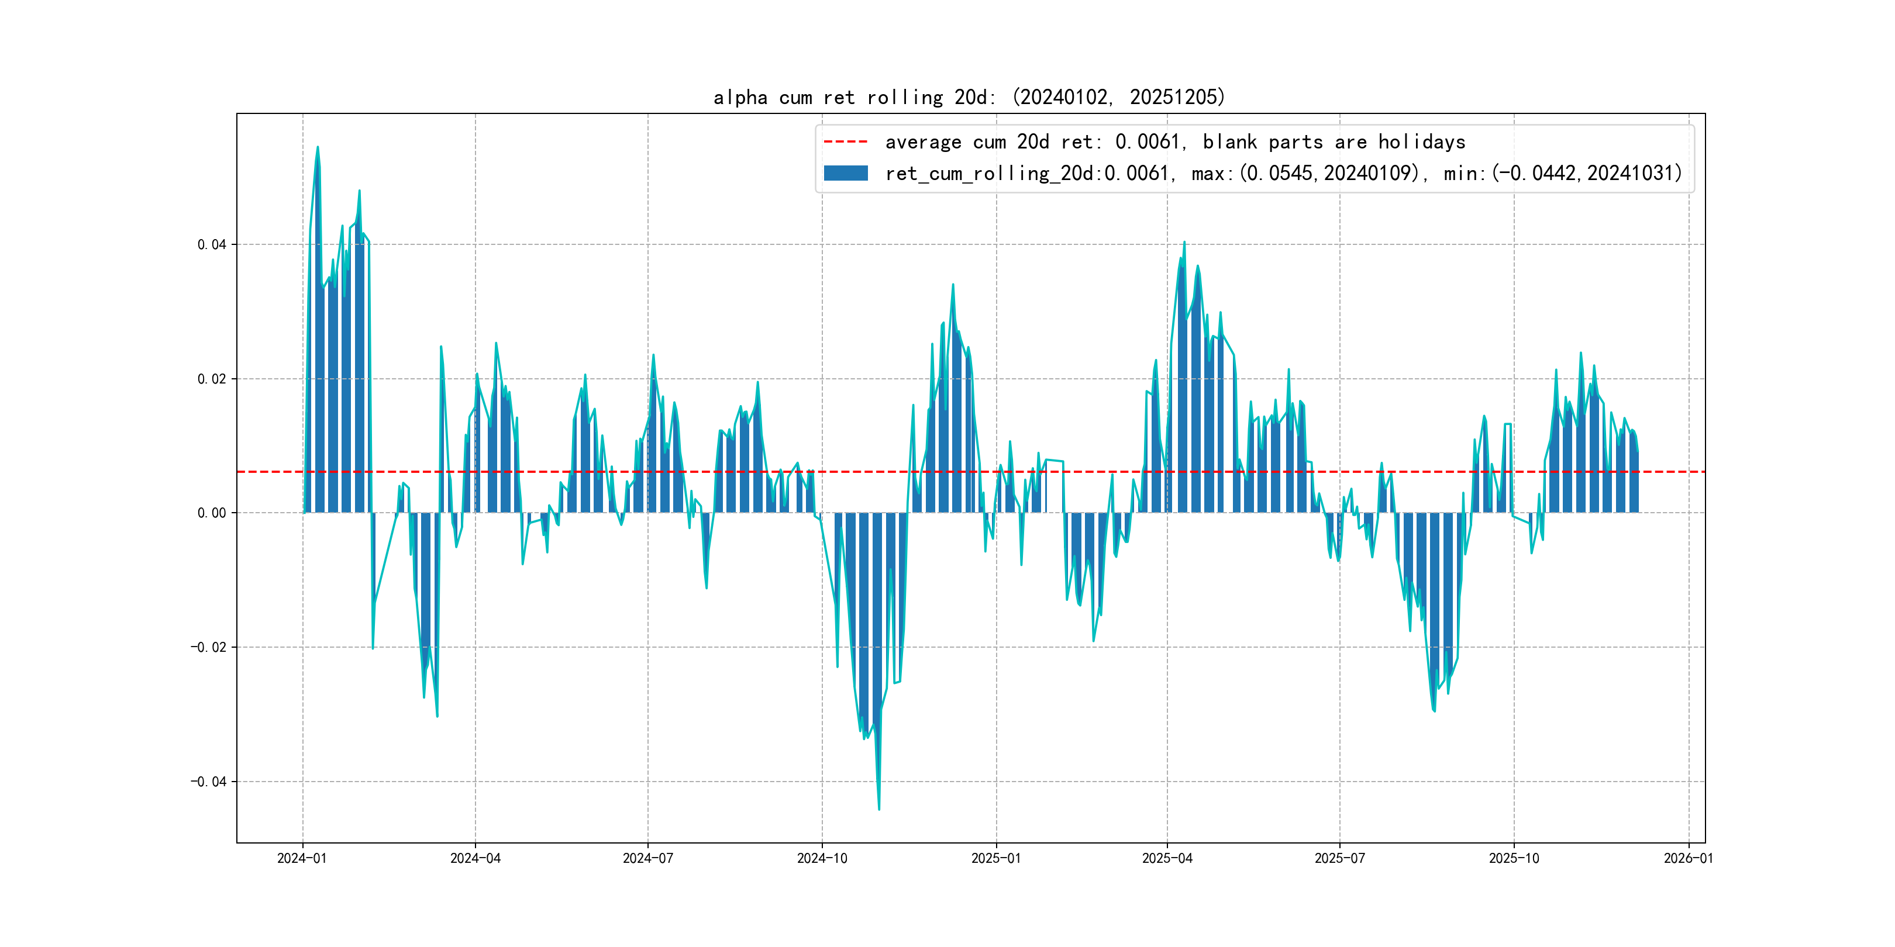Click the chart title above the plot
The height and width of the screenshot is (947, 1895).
[969, 97]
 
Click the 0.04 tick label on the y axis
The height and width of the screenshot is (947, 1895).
[212, 244]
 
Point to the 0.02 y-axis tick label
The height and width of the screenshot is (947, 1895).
[212, 379]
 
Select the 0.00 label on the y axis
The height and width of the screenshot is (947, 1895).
[212, 513]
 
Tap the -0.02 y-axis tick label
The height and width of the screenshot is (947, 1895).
[209, 647]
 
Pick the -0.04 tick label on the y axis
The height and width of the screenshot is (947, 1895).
[209, 781]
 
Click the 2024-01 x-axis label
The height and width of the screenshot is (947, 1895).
[302, 858]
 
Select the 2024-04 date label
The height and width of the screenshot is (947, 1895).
[476, 858]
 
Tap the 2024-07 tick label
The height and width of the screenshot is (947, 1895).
[647, 858]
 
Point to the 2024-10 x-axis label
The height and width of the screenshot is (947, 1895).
[822, 858]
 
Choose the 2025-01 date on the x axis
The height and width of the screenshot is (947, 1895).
[996, 858]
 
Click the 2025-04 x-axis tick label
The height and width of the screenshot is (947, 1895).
[1167, 858]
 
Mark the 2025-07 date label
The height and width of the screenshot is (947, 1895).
[1339, 858]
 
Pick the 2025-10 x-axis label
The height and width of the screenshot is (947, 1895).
[1513, 858]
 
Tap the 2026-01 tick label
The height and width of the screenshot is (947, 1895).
[1689, 858]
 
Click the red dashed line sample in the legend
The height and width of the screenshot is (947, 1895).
[845, 141]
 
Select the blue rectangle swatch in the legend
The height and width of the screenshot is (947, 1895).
[845, 173]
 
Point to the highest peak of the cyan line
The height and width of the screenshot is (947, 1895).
[318, 147]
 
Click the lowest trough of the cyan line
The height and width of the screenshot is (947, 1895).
[878, 810]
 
